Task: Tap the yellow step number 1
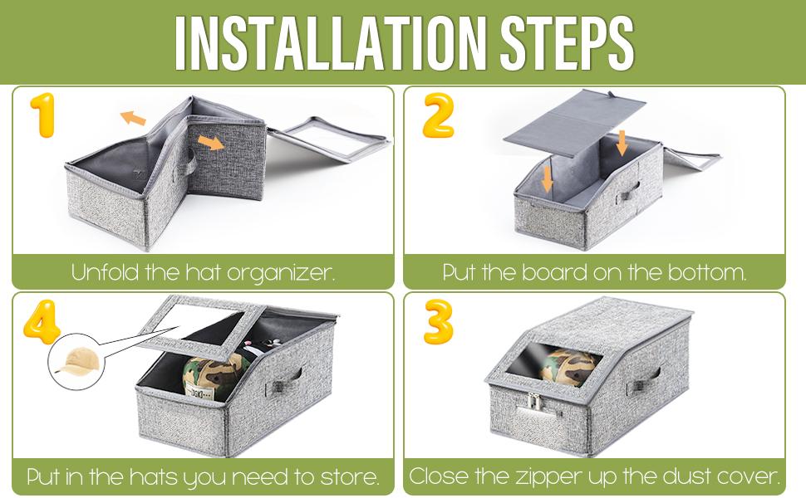pos(42,115)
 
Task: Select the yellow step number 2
pos(439,115)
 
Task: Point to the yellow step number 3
pos(439,322)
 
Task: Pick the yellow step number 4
pos(42,322)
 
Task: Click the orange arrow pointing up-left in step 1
pos(133,118)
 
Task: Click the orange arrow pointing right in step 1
pos(211,142)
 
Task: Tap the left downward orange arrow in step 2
pos(547,178)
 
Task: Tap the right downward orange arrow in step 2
pos(622,143)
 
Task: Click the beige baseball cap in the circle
pos(75,361)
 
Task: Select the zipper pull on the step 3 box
pos(533,402)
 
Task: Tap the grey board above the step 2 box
pos(575,123)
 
